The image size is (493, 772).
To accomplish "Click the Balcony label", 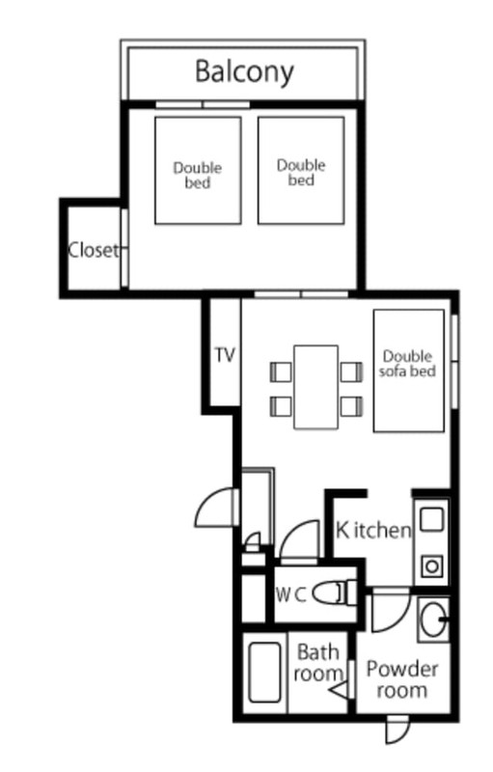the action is tap(244, 71).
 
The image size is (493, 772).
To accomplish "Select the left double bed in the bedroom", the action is tap(198, 171).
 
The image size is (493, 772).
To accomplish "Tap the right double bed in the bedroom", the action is tap(301, 171).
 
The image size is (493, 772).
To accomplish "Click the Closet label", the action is tap(93, 250).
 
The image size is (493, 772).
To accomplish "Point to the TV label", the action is tap(225, 354).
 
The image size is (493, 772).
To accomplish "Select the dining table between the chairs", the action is tap(315, 387).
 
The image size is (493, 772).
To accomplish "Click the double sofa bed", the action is tap(408, 371).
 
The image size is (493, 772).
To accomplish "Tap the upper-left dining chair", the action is tap(281, 372).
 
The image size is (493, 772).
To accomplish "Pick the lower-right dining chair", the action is tap(351, 406).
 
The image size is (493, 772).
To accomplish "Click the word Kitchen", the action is tap(373, 530).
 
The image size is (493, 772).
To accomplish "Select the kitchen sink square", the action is tap(431, 520).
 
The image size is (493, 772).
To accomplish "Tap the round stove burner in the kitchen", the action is tap(432, 566).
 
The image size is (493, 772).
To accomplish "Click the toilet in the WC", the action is tap(335, 593).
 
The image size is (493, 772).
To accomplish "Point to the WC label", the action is tap(290, 595).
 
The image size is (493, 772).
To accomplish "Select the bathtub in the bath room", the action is tap(264, 672).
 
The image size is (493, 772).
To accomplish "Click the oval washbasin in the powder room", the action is tap(433, 620).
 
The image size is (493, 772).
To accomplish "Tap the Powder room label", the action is tap(402, 679).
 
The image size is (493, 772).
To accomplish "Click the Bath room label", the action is tap(318, 663).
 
